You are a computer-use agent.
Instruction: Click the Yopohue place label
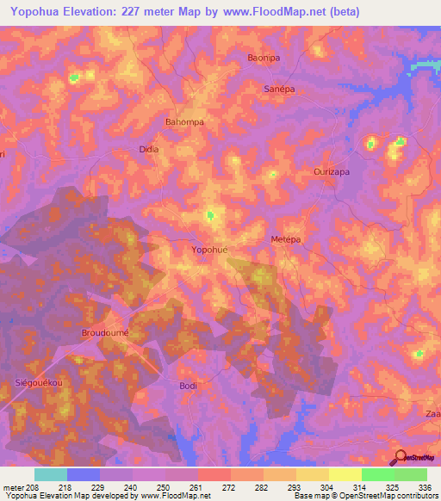209,250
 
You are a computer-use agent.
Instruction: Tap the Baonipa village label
264,58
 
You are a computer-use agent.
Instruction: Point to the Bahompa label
184,122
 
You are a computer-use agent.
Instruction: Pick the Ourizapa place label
331,172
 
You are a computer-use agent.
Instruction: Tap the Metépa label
285,238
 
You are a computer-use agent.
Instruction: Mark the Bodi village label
188,386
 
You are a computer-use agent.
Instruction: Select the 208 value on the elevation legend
32,486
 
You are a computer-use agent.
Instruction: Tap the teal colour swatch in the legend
50,474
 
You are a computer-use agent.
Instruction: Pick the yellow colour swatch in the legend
345,474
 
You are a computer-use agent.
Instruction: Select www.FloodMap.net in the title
276,11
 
